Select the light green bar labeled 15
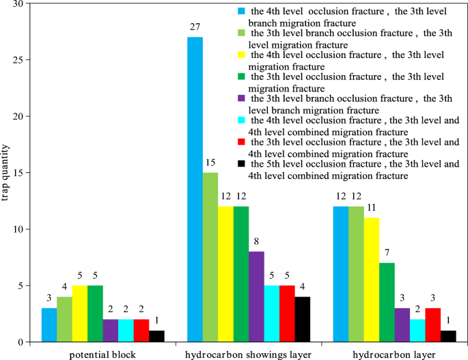tap(210, 257)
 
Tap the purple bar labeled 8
tap(257, 296)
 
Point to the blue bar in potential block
tap(49, 324)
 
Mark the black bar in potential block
tap(156, 336)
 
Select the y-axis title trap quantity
tap(6, 173)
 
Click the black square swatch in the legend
tap(240, 165)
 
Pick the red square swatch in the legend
tap(240, 142)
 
